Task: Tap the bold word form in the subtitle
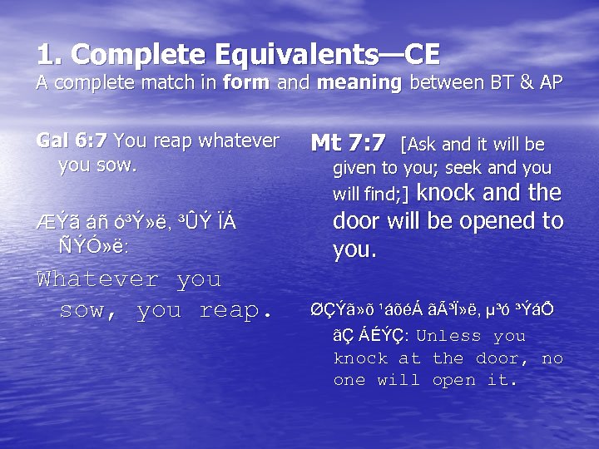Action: [x=242, y=83]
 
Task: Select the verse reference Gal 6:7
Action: [x=72, y=141]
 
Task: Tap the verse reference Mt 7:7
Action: [x=348, y=143]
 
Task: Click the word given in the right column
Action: [x=354, y=169]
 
